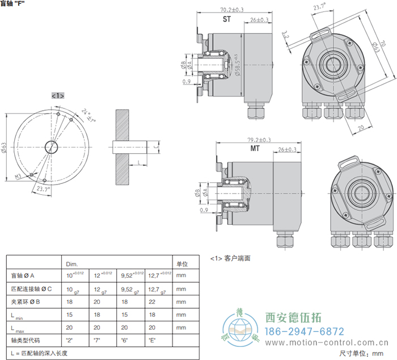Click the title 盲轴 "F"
click(x=13, y=3)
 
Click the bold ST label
click(x=226, y=19)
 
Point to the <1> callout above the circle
click(x=58, y=95)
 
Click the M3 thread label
click(x=18, y=177)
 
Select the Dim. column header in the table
click(x=72, y=263)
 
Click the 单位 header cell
click(x=182, y=263)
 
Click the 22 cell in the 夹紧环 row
click(x=151, y=302)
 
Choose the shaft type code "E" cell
click(x=152, y=340)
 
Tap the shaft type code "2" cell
click(x=70, y=340)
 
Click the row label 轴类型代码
click(x=26, y=340)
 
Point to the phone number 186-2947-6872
click(x=305, y=332)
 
